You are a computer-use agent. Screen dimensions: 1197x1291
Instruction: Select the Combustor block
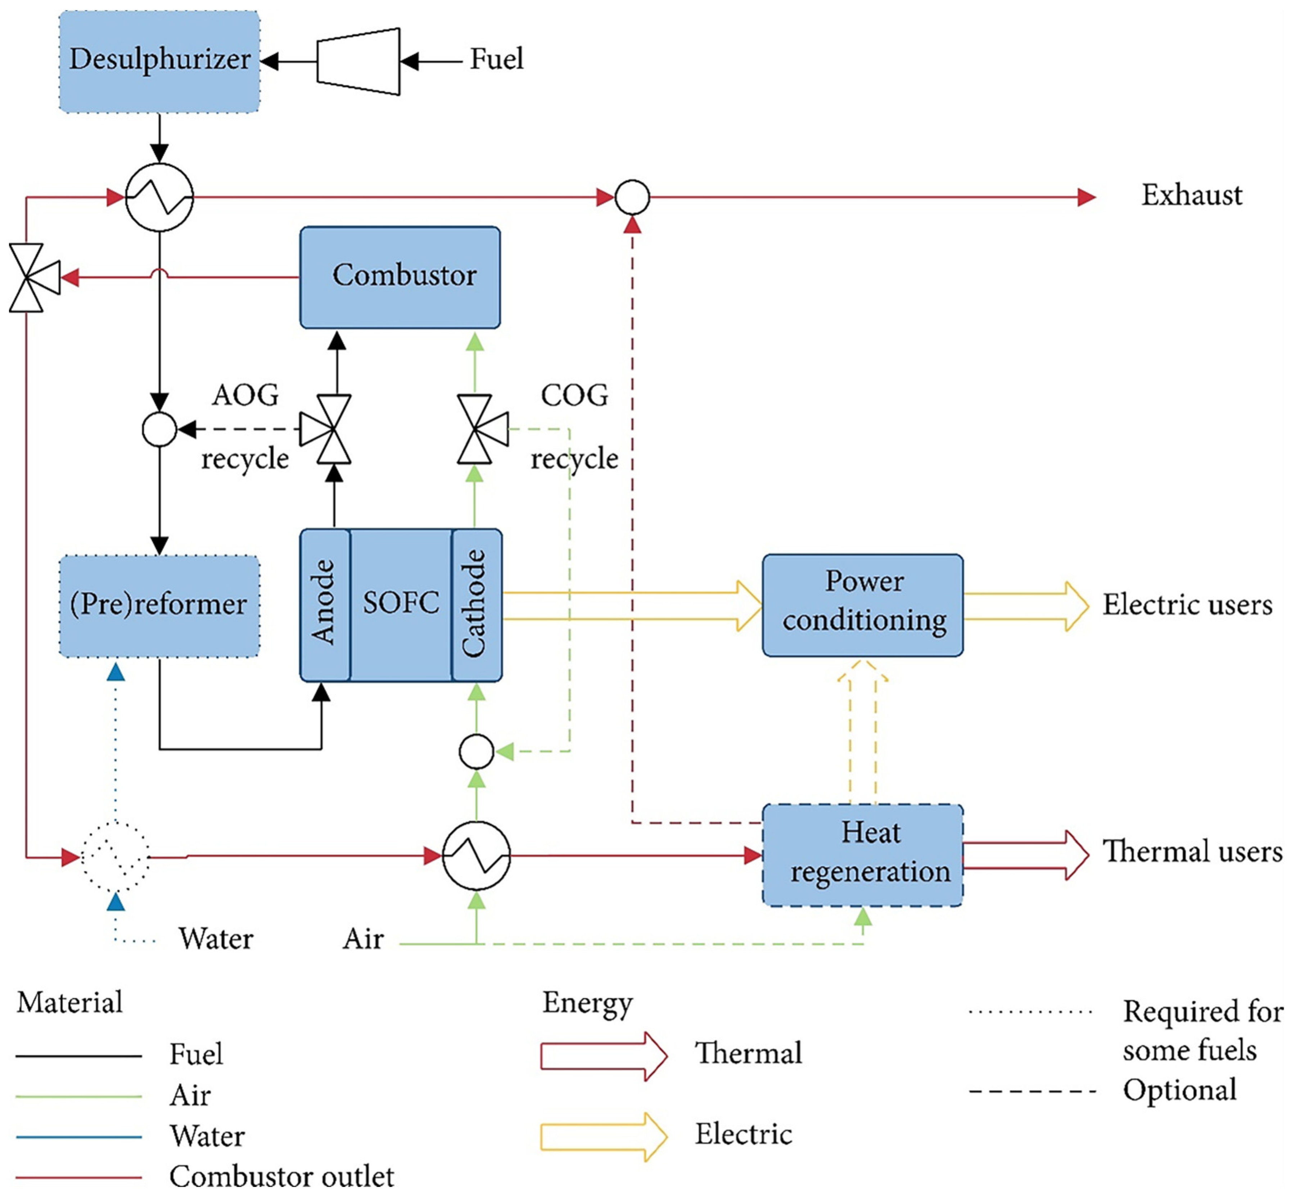[x=400, y=277]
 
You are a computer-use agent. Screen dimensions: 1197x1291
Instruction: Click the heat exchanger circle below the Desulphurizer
[x=159, y=197]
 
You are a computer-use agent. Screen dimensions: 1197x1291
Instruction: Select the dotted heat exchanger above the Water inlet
[x=115, y=857]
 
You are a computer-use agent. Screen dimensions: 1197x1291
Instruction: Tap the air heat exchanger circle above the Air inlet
[x=476, y=856]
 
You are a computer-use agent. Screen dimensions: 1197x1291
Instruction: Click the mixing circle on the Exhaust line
[x=632, y=197]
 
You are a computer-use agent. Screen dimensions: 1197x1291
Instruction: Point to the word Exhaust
[x=1191, y=195]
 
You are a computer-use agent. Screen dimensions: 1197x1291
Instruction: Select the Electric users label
[x=1187, y=604]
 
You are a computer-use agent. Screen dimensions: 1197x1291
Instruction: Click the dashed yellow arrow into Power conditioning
[x=862, y=732]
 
